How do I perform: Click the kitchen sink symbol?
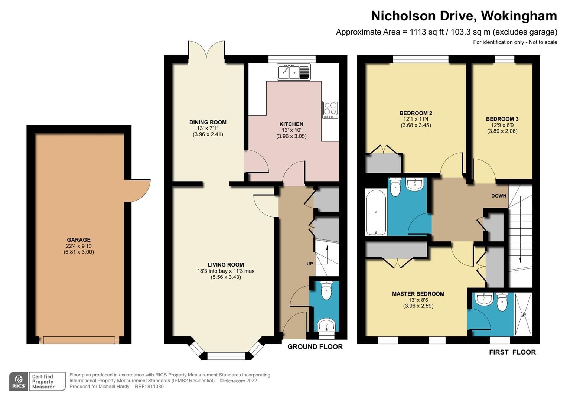pos(294,72)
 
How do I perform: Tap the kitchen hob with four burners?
pos(330,110)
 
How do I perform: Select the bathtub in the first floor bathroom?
pos(376,212)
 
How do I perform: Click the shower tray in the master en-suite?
pos(523,314)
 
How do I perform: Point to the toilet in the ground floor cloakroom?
pos(326,290)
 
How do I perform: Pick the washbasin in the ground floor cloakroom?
pos(326,325)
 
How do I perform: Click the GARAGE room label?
pos(79,240)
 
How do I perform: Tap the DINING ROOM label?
pos(208,122)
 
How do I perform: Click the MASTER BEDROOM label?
pos(418,294)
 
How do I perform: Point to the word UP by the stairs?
pos(310,264)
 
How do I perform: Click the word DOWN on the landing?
pos(499,196)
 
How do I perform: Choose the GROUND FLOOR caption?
pos(315,347)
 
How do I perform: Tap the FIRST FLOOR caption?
pos(512,352)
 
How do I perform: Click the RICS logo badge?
pos(19,381)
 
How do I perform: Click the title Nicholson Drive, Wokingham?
pos(464,16)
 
